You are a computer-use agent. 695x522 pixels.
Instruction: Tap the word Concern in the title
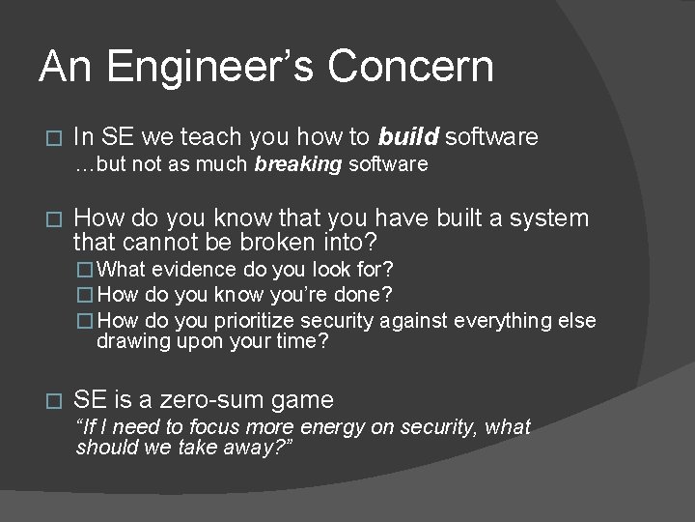410,67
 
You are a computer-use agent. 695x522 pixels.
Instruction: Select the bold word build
409,137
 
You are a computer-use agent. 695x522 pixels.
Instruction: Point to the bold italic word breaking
298,164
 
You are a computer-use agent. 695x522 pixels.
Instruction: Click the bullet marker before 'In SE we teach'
53,138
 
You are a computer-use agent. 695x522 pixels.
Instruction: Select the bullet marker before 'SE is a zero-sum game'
53,401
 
